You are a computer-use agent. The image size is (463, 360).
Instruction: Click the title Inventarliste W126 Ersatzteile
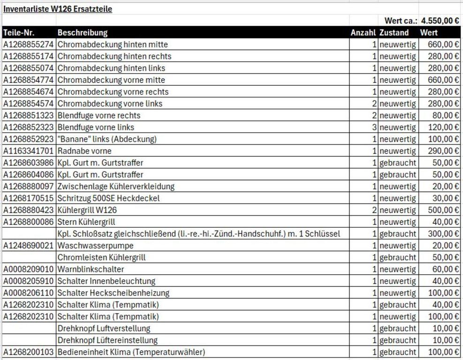(x=58, y=9)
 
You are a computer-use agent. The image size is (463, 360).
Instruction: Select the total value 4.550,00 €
(x=440, y=21)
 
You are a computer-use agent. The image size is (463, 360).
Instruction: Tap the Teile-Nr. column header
(x=19, y=33)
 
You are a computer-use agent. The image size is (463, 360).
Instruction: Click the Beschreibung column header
(x=83, y=33)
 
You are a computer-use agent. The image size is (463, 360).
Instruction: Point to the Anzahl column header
(x=363, y=33)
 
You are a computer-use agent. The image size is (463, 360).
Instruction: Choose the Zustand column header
(x=394, y=33)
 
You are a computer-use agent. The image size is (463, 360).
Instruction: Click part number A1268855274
(x=29, y=45)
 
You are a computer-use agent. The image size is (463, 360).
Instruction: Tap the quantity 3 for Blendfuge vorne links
(x=374, y=127)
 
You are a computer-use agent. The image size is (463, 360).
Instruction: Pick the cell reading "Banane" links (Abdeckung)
(x=107, y=139)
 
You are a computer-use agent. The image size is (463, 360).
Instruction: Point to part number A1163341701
(x=29, y=151)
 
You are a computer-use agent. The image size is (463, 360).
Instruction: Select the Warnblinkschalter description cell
(x=91, y=270)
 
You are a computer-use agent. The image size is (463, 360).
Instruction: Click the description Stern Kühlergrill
(x=86, y=222)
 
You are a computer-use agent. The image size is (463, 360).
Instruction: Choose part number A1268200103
(x=29, y=352)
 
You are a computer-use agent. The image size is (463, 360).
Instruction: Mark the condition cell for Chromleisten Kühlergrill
(x=398, y=257)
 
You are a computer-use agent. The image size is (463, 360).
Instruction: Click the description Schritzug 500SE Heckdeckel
(x=108, y=198)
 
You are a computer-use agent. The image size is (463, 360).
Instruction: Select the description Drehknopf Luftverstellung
(x=104, y=329)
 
